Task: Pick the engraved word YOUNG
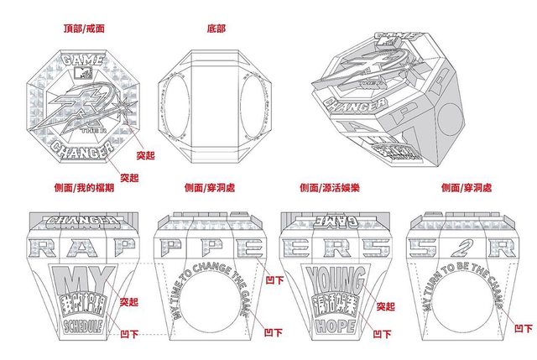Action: (336, 277)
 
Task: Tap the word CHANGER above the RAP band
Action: (81, 222)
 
